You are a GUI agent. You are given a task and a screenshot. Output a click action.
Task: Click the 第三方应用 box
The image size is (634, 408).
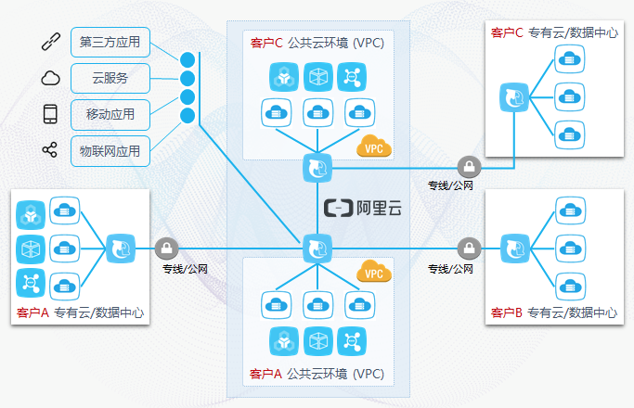coord(110,42)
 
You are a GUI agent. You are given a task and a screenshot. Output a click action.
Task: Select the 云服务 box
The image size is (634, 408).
coord(110,78)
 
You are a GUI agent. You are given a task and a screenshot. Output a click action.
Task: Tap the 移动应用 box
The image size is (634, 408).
coord(110,114)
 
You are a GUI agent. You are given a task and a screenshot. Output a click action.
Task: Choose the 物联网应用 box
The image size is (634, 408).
coord(110,150)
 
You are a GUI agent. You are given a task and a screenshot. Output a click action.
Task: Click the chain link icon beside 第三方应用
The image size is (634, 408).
coord(50,42)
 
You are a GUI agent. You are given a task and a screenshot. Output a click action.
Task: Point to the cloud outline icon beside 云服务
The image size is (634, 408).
coord(50,78)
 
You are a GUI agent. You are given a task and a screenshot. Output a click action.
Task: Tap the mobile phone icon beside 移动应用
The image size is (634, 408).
coord(50,114)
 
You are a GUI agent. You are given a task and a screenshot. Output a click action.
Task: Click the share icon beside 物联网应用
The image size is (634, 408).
coord(50,150)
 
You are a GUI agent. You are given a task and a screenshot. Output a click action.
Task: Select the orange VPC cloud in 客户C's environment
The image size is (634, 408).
coord(375,146)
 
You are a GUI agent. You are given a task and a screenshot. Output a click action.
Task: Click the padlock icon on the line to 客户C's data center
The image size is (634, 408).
coord(470,168)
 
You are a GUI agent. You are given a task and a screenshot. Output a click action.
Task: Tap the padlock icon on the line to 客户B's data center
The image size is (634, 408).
coord(470,248)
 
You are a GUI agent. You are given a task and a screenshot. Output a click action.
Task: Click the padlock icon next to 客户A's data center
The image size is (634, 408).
coord(167,248)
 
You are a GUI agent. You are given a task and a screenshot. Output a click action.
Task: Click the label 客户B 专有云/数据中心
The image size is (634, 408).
coord(553,313)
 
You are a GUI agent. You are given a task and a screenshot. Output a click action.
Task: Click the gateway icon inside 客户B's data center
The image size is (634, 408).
coord(513,248)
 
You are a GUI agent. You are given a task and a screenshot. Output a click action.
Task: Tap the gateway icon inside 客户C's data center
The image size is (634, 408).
coord(513,97)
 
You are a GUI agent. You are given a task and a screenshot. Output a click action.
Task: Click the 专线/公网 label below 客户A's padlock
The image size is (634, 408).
coord(186,269)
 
